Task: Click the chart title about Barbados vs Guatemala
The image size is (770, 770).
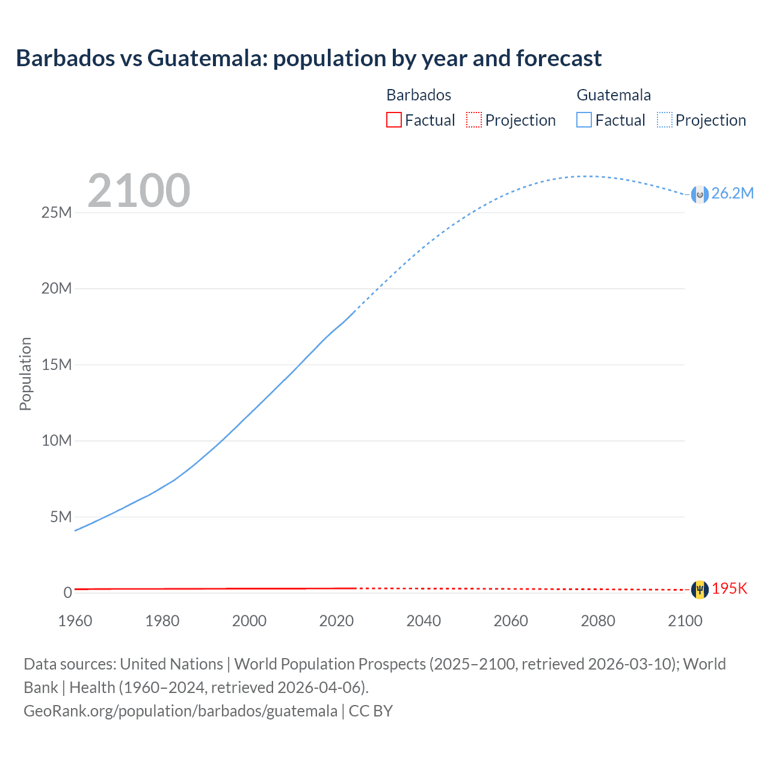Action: coord(309,58)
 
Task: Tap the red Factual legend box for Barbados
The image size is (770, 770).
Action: coord(393,120)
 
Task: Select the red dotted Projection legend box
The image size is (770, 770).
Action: coord(474,120)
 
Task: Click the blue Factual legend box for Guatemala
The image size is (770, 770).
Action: coord(584,120)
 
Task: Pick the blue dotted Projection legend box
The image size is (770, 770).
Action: coord(664,120)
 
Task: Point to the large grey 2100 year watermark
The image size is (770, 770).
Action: coord(139,191)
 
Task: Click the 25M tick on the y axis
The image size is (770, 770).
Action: coord(57,212)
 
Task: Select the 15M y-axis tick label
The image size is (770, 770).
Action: coord(57,365)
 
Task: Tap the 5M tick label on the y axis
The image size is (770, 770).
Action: coord(60,517)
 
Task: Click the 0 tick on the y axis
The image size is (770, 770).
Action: coord(67,593)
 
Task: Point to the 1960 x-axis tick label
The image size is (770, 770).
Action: coord(75,621)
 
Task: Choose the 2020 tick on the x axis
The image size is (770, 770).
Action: coord(336,621)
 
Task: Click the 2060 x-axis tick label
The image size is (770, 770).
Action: coord(511,621)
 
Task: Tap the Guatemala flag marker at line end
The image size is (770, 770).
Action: coord(700,194)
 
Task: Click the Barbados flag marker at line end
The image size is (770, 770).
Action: coord(700,590)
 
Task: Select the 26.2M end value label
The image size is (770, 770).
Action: coord(732,193)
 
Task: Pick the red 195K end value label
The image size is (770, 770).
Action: coord(729,589)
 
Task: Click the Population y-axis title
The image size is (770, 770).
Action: coord(25,374)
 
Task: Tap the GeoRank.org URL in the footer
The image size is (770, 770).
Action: coord(180,711)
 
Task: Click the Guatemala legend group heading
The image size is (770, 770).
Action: coord(614,95)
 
